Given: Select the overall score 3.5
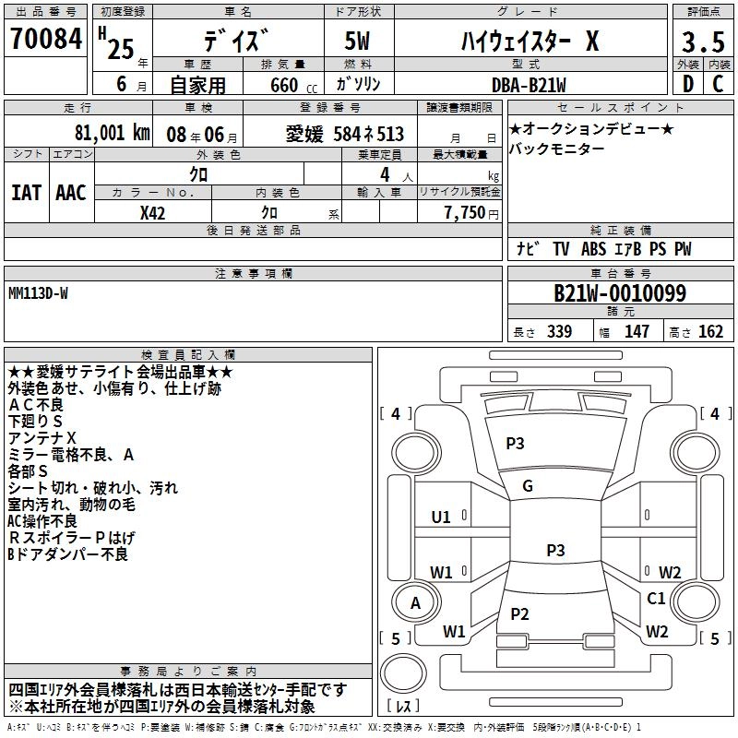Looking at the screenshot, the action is tap(702, 42).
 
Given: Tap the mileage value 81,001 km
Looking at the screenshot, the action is tap(112, 134).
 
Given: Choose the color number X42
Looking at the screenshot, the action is tap(153, 212).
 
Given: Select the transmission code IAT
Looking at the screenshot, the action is tap(26, 192).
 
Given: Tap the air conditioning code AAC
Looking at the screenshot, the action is tap(71, 192).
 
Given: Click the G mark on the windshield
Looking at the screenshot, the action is tap(528, 486).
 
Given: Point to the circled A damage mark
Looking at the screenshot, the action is tap(415, 602).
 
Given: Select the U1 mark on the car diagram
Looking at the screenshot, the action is tap(441, 517).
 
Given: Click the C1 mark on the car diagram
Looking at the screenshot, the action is tap(656, 599).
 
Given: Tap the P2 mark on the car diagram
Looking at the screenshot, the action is tap(519, 613).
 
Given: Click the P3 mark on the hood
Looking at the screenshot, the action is tap(515, 443).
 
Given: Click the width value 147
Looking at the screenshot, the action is tap(637, 332).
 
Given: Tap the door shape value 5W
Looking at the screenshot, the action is tap(359, 42).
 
